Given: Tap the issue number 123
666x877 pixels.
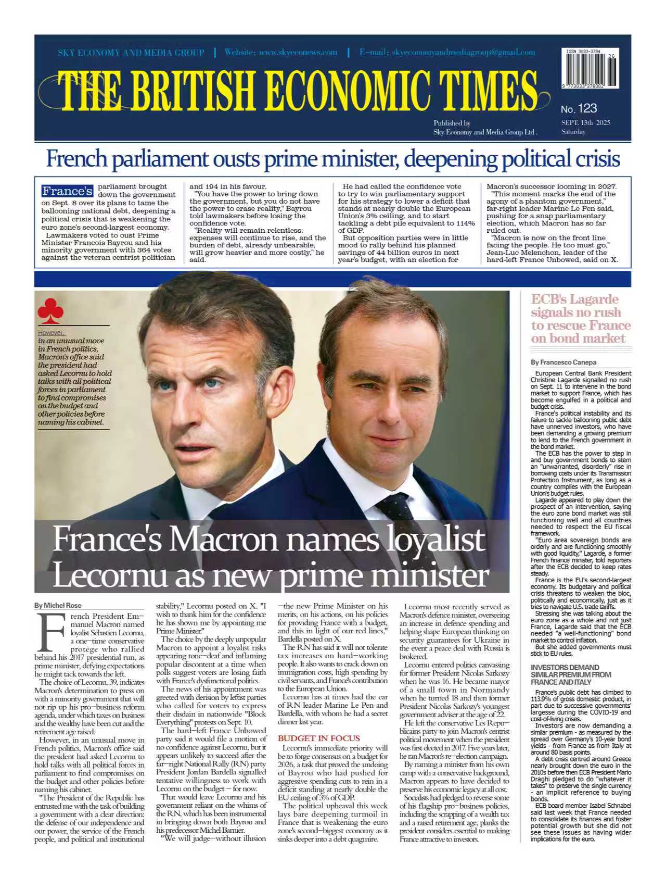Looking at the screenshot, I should [587, 108].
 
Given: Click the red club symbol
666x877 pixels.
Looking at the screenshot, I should [50, 311].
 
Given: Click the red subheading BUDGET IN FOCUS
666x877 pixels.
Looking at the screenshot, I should [318, 738].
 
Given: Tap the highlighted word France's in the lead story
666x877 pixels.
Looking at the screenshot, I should [68, 191].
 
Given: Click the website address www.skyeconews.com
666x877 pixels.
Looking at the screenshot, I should [298, 52].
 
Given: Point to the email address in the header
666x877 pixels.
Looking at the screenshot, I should [464, 52].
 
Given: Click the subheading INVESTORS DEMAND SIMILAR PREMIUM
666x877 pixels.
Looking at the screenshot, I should [565, 674].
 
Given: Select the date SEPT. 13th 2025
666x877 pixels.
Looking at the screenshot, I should [585, 122].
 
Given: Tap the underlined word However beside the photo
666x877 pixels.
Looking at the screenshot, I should [51, 333].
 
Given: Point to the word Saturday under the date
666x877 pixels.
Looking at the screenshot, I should [573, 132].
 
